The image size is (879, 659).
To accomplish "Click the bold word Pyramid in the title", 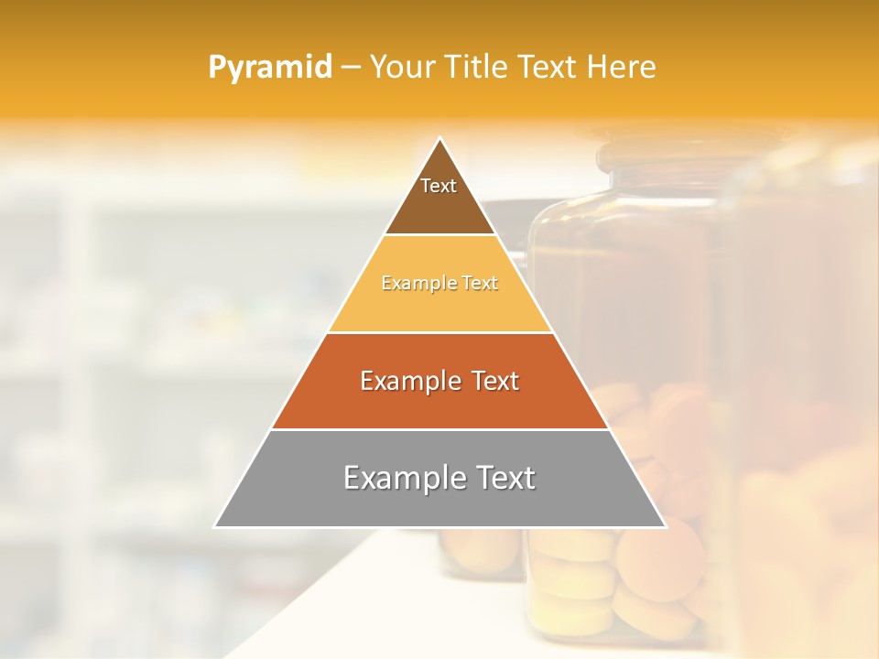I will pos(270,67).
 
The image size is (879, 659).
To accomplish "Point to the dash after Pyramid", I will pos(351,68).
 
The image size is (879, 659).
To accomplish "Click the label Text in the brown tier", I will pos(439,186).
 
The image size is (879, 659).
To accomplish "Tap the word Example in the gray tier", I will pos(400,478).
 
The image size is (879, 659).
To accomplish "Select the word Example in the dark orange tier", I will pos(409,381).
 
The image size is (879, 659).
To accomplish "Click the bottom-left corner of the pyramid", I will pos(215,526).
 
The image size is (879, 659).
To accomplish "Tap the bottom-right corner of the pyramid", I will pos(665,526).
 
